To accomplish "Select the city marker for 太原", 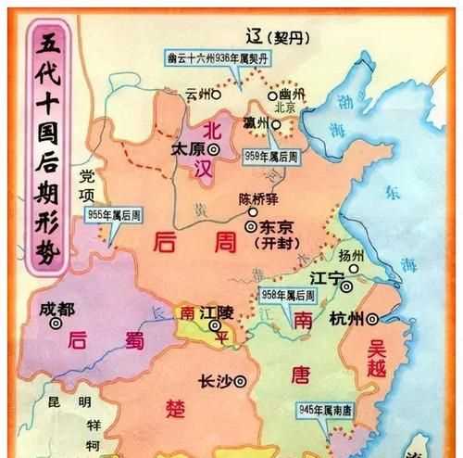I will click(214, 148).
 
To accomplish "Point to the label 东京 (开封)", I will click(281, 231).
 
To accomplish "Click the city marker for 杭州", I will click(372, 319).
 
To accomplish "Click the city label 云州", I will click(196, 93).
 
